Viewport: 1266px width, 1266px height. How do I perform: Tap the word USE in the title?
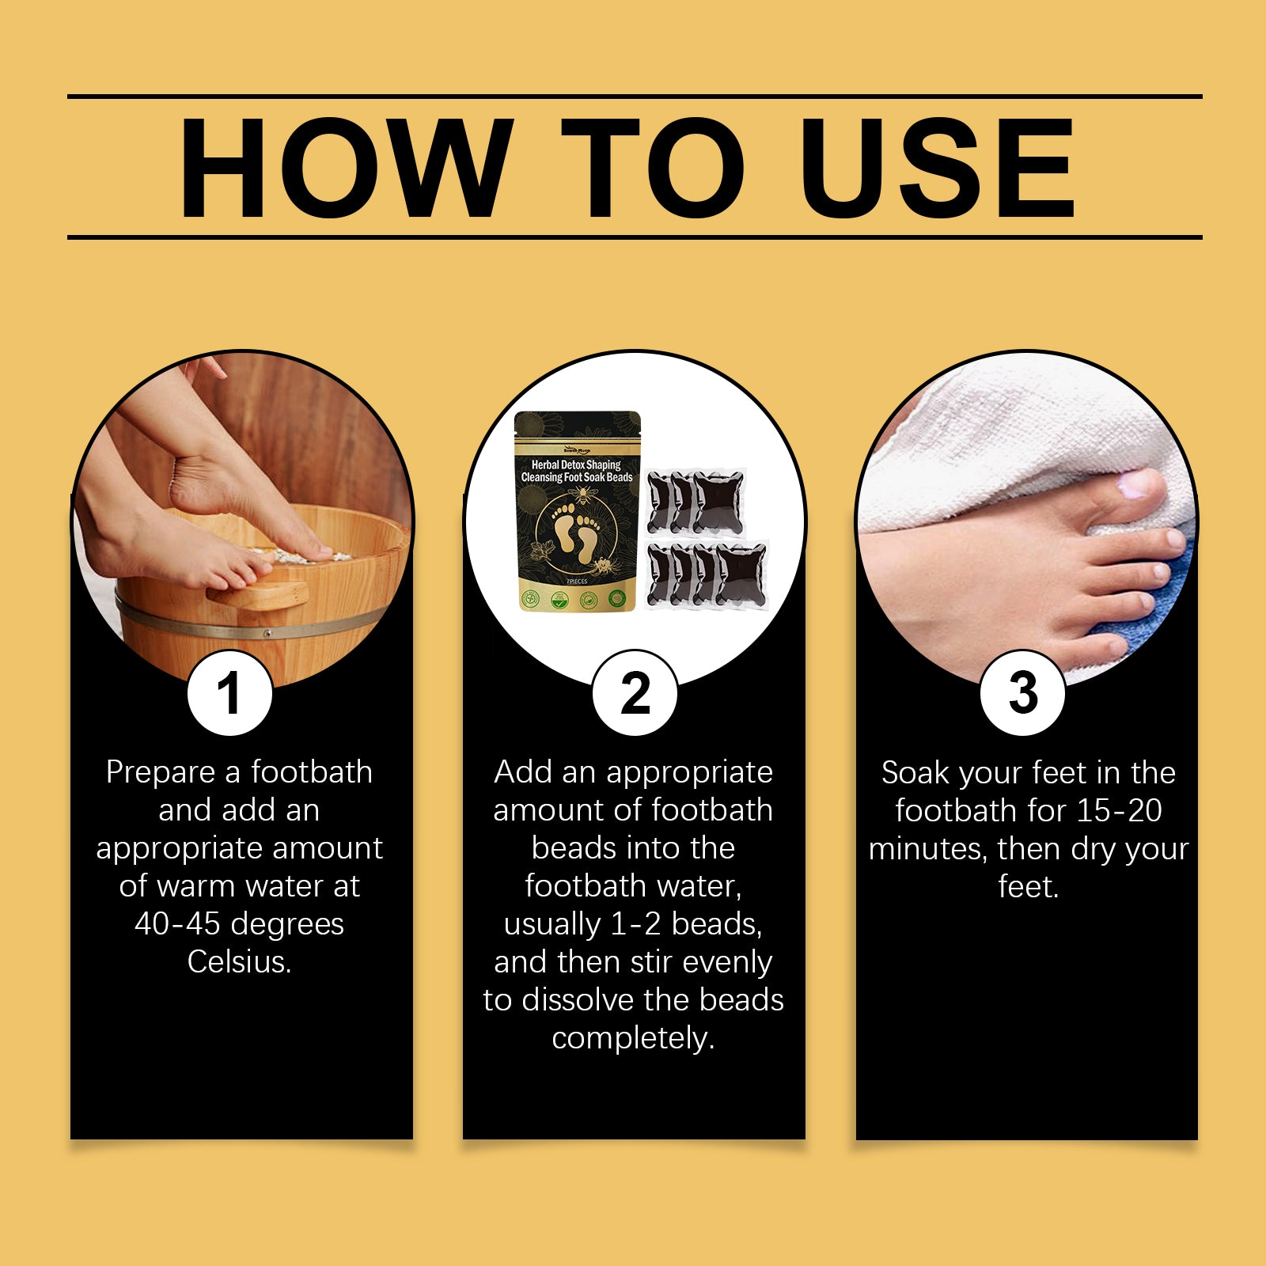pos(937,168)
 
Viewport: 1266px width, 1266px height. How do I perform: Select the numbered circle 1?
pos(229,694)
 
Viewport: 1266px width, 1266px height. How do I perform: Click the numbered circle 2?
pos(635,694)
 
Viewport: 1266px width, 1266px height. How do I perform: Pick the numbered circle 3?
pos(1022,694)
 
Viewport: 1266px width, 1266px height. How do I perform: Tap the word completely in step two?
pos(632,1037)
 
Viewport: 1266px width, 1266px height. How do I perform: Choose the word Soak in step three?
pos(915,772)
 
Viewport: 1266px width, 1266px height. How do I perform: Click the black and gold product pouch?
pos(577,514)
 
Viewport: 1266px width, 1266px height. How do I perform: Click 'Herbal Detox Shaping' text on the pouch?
pos(576,464)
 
